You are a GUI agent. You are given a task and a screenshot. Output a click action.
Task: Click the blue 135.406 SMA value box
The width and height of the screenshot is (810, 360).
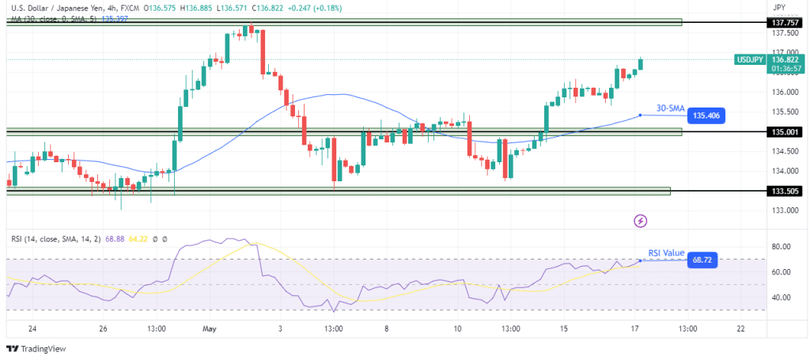click(706, 116)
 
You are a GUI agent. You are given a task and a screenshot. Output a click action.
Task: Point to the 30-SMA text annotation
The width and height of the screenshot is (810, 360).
click(671, 108)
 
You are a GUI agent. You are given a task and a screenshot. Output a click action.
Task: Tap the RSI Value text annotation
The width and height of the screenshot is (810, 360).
click(666, 252)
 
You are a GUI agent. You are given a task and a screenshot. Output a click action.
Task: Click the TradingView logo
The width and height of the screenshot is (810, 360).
click(38, 349)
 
